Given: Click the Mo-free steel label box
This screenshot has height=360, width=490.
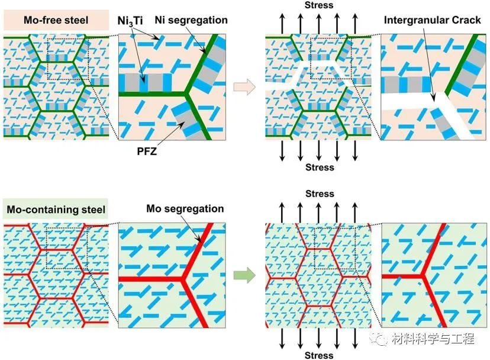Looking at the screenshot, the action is [x=56, y=20].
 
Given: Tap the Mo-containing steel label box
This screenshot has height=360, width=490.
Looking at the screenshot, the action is [x=56, y=209].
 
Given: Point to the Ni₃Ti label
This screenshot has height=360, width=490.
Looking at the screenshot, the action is [x=130, y=21].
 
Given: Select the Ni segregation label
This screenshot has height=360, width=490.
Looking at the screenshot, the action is [x=191, y=20].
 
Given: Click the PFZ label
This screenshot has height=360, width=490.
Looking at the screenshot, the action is [x=147, y=152].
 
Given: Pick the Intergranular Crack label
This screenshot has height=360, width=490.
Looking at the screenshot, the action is [x=432, y=20].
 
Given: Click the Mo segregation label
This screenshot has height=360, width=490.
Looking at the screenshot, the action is [x=185, y=208].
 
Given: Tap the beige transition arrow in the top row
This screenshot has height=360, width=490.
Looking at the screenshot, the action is [x=244, y=86].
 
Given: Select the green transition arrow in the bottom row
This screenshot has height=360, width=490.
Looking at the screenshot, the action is [x=244, y=275].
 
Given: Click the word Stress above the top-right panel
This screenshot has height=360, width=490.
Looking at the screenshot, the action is [x=319, y=5].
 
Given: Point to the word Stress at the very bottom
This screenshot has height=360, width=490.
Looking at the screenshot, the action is [x=319, y=355].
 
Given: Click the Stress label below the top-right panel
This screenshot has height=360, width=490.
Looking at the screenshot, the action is [x=320, y=167].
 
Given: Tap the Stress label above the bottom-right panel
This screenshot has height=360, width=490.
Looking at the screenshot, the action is [x=320, y=194].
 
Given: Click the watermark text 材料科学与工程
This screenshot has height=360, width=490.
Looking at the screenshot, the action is [x=433, y=339].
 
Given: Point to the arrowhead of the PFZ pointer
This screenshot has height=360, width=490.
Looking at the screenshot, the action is [x=181, y=124].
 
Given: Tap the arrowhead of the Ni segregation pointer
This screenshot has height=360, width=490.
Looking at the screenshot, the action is [x=205, y=52].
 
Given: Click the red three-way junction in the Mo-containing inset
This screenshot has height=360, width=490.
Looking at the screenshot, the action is [x=182, y=278].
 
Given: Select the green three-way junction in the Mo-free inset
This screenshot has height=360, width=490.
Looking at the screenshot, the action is [x=186, y=94].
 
